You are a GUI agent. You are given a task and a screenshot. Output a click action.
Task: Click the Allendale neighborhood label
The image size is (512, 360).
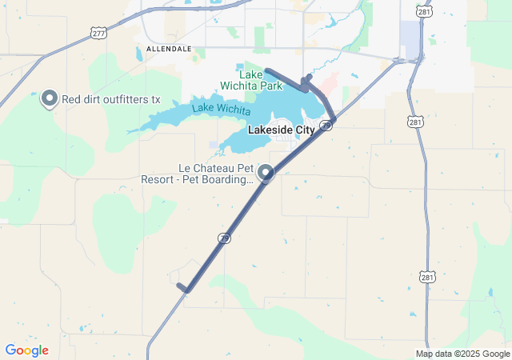pyautogui.click(x=169, y=49)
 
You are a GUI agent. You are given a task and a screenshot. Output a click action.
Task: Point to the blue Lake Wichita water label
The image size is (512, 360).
pyautogui.click(x=220, y=108)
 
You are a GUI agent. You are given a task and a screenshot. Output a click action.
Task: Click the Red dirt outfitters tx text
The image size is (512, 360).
pyautogui.click(x=111, y=100)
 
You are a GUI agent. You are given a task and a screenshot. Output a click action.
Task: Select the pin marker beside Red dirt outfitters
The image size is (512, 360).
pyautogui.click(x=50, y=99)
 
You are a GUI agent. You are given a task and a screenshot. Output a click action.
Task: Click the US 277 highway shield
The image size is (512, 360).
pyautogui.click(x=98, y=32)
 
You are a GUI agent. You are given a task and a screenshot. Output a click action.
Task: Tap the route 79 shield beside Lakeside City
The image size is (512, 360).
pyautogui.click(x=326, y=126)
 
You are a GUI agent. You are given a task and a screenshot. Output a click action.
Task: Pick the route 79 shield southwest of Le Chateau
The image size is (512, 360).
pyautogui.click(x=225, y=238)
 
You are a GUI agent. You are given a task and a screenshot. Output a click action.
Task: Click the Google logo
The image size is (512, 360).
pyautogui.click(x=26, y=350)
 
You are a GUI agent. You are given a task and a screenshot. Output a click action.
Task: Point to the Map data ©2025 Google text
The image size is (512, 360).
pyautogui.click(x=462, y=354)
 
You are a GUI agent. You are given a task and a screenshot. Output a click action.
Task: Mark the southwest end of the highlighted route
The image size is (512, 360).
pyautogui.click(x=178, y=285)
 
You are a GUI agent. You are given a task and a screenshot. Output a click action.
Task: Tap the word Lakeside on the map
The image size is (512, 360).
pyautogui.click(x=265, y=129)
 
